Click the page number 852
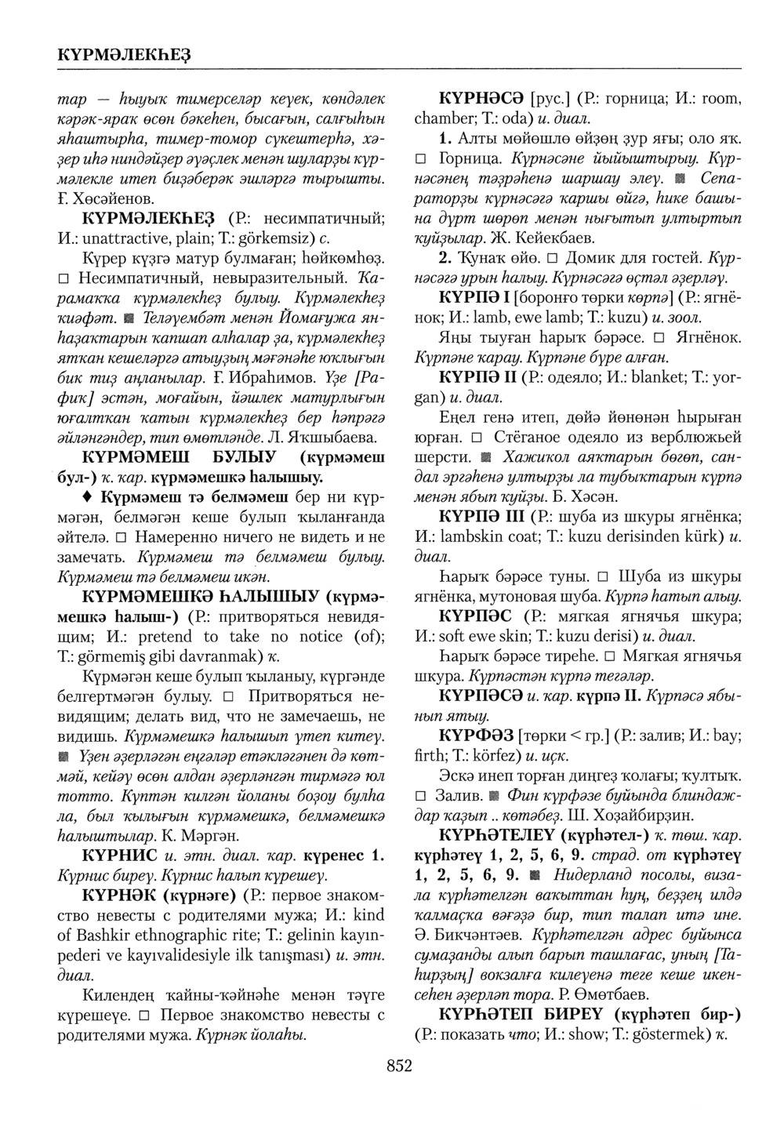click(x=398, y=1065)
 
